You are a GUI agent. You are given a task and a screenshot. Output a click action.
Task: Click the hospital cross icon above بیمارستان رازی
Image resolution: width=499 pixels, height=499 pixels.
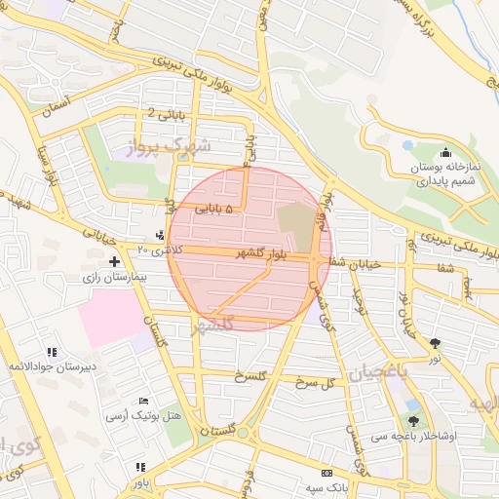point(115,262)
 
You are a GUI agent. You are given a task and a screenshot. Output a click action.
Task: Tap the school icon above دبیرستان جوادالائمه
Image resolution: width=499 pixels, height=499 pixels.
point(52,351)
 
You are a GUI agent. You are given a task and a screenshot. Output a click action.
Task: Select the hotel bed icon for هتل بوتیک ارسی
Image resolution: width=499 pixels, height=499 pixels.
point(144,401)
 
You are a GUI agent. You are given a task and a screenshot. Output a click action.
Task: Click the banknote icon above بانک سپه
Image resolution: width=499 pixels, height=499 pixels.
point(326,471)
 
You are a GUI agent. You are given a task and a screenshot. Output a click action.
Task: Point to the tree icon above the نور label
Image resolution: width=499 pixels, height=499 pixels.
point(435,343)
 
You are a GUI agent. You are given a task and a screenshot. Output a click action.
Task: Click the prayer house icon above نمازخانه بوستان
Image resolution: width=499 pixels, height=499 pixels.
point(446,152)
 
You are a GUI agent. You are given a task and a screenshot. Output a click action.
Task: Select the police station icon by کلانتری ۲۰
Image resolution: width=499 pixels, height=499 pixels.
point(160,235)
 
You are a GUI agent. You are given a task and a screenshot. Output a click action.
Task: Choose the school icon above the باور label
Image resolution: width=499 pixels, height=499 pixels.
point(141,467)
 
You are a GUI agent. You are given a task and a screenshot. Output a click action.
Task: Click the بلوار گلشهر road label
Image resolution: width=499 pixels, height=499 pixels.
point(260,253)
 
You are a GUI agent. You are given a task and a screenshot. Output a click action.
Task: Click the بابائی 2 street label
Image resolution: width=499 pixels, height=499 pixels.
point(165,115)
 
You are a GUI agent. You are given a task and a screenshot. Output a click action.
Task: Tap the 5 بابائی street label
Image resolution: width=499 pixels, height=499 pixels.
point(214,209)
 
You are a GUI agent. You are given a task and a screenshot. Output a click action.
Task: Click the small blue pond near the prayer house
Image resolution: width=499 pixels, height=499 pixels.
point(406,143)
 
